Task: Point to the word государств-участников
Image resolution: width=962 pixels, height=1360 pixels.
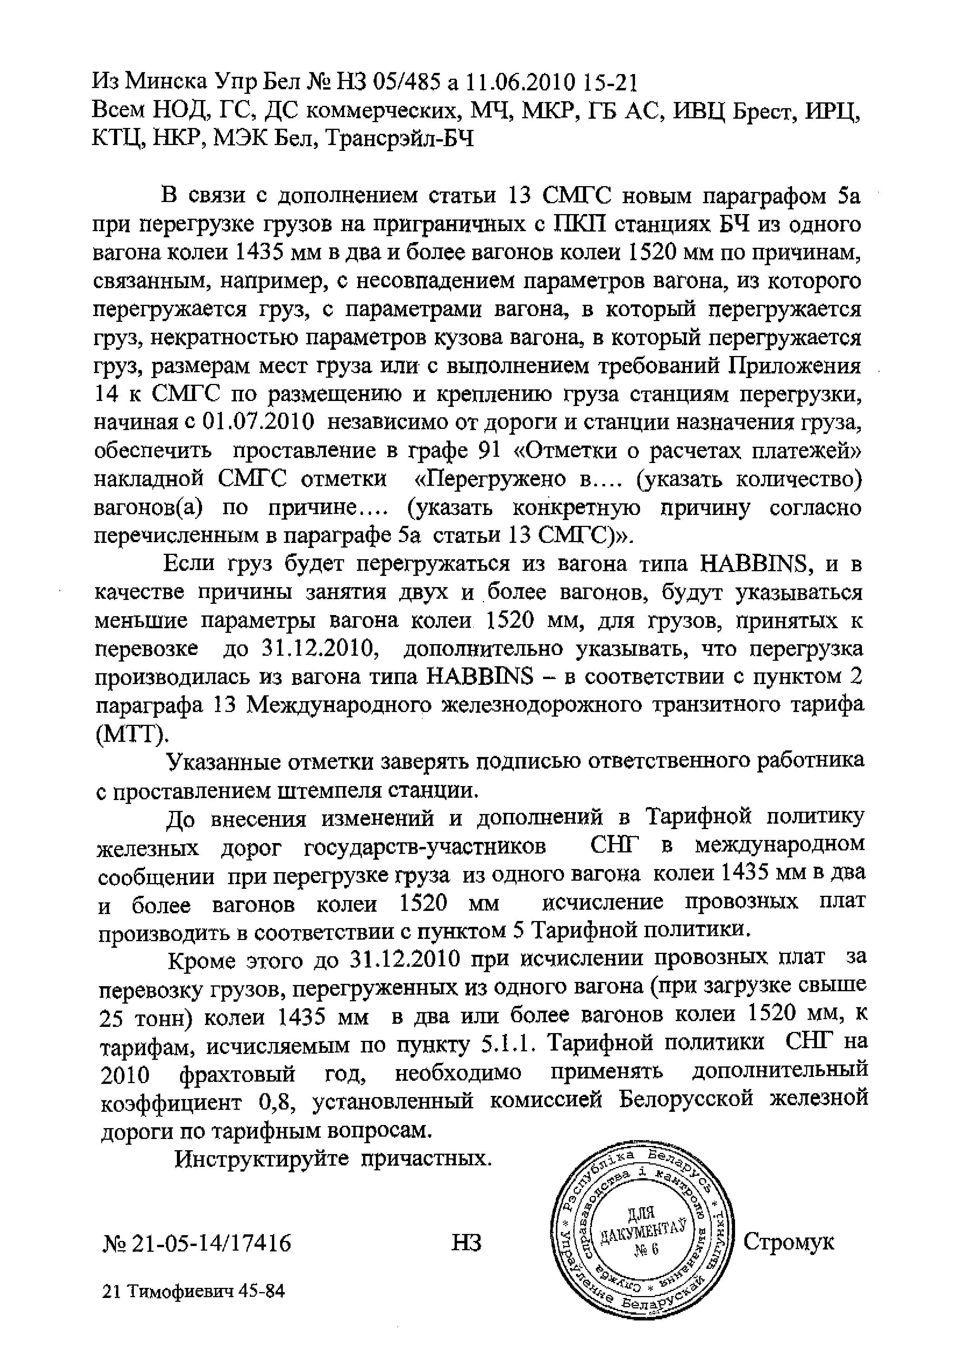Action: [x=425, y=848]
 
